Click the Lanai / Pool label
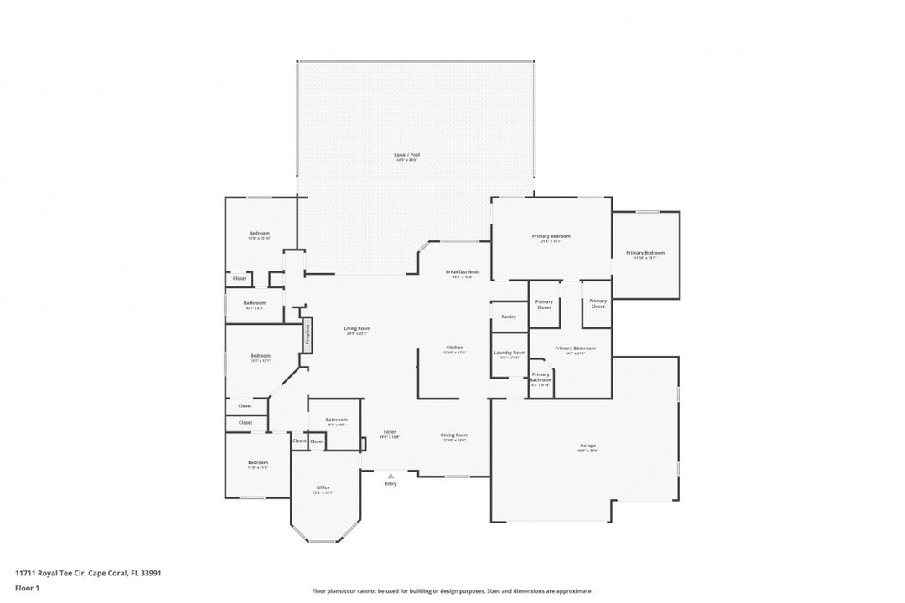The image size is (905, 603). pos(406,155)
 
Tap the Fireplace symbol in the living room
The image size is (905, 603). pos(308,334)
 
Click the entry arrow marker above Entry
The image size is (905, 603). pos(390,476)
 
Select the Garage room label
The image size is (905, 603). pos(587,446)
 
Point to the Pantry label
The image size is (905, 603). pos(509,317)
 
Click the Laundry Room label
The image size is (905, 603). pos(509,353)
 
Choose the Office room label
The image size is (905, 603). pos(323,487)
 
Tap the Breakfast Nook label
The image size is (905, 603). pos(463,272)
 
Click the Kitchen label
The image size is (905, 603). pos(454,348)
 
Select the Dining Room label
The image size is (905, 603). pos(454,435)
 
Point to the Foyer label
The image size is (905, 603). pos(390,432)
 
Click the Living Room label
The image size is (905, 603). pos(357,328)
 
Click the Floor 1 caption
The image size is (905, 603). pos(27,588)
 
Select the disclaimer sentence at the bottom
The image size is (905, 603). pos(452,590)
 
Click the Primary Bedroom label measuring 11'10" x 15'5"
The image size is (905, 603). pos(645,253)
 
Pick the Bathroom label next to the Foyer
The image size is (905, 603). pos(336,420)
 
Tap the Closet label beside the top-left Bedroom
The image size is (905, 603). pos(240,278)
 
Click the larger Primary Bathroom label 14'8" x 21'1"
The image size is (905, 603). pos(575,348)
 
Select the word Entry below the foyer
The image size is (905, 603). pos(390,484)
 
